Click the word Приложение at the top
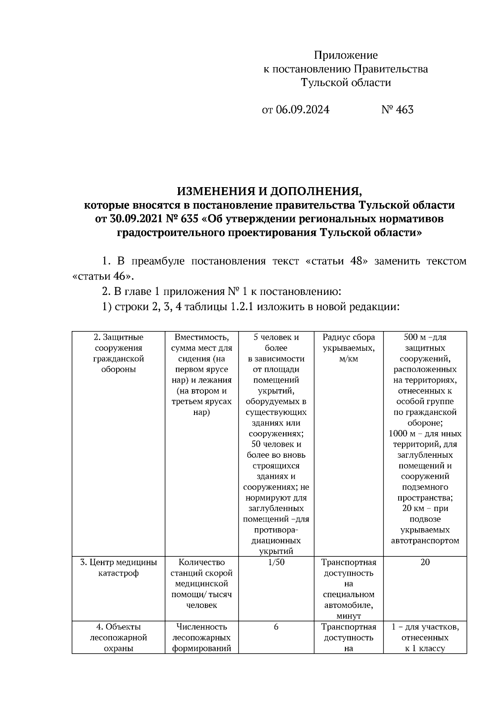346,55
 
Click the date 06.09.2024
303,110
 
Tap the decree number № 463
397,110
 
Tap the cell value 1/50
276,562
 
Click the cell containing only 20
425,562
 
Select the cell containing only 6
276,627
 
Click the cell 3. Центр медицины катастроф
119,568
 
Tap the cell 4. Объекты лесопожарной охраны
119,637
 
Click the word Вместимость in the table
202,337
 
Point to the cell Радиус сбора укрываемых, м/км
348,348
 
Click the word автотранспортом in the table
425,541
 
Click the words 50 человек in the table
276,444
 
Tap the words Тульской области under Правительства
346,83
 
